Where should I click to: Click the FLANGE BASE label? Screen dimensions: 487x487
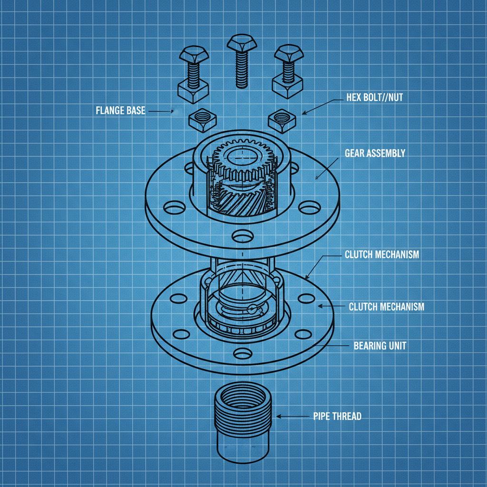120,111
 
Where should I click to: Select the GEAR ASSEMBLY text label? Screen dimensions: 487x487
375,153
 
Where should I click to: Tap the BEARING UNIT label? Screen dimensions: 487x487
380,345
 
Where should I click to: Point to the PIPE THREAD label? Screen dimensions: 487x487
337,416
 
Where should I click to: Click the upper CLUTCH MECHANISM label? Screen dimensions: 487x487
381,254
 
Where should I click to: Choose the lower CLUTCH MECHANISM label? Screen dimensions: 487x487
386,307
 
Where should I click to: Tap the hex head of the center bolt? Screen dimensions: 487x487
242,43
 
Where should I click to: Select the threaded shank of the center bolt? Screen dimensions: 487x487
242,69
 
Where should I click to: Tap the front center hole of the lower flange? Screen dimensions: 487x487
243,353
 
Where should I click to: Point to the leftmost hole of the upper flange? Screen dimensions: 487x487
175,207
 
